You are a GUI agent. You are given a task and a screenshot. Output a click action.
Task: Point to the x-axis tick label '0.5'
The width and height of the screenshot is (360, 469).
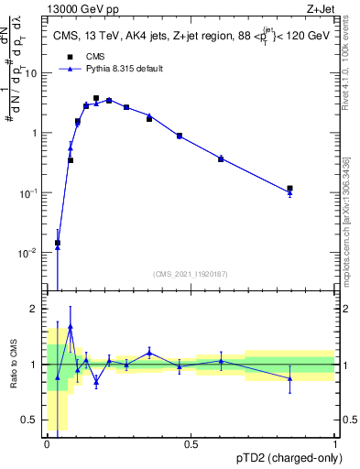point(191,443)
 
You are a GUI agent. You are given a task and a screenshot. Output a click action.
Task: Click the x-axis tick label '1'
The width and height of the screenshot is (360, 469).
point(334,443)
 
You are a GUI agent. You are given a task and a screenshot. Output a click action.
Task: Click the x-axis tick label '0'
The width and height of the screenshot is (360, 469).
point(47,443)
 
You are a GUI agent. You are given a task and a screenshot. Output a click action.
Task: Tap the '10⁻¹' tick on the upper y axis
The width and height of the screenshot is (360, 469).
point(29,192)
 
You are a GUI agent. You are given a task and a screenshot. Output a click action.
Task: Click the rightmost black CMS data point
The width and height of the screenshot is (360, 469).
point(289,189)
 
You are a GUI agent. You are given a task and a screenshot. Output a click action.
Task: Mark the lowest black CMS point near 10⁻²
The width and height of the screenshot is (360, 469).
point(58,243)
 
